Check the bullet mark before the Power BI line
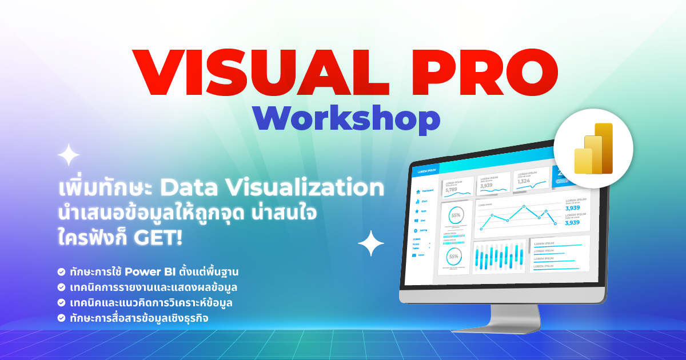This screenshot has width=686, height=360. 61,271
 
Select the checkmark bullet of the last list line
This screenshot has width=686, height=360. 61,318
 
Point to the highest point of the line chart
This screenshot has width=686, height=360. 523,206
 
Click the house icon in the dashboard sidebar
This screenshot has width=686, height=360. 418,191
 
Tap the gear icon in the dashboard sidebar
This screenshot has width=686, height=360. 416,230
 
